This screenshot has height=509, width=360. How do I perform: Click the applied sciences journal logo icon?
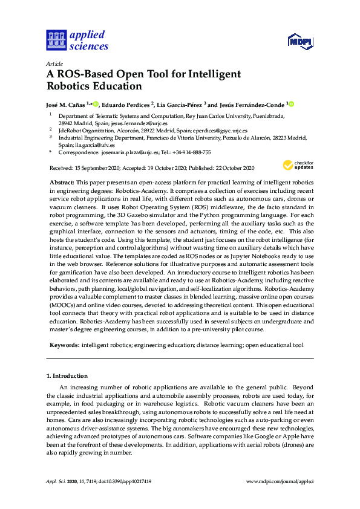coord(56,41)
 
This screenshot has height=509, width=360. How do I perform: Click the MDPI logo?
coord(299,42)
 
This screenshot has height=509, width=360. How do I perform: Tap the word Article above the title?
coord(54,63)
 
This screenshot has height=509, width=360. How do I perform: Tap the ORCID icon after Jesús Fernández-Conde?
coord(290,104)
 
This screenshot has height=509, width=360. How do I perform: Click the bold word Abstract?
coord(62,182)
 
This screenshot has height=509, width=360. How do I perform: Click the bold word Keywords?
coord(64,345)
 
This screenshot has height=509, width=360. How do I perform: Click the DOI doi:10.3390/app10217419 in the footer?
coord(120,481)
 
